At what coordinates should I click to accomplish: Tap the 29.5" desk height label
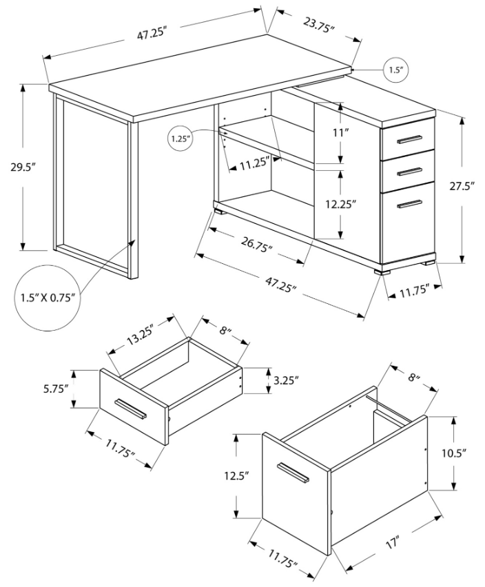(x=23, y=167)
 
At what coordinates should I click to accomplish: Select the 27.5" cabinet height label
(x=462, y=186)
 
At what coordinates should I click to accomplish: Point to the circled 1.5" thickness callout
(x=395, y=70)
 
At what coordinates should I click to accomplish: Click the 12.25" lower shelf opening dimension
(x=340, y=204)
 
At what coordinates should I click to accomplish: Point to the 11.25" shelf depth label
(x=254, y=164)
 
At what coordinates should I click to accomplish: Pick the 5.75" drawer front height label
(x=55, y=388)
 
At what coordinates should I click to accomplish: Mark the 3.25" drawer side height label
(x=286, y=381)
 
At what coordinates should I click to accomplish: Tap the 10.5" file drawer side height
(x=453, y=453)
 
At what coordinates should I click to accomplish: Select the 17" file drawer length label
(x=392, y=542)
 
